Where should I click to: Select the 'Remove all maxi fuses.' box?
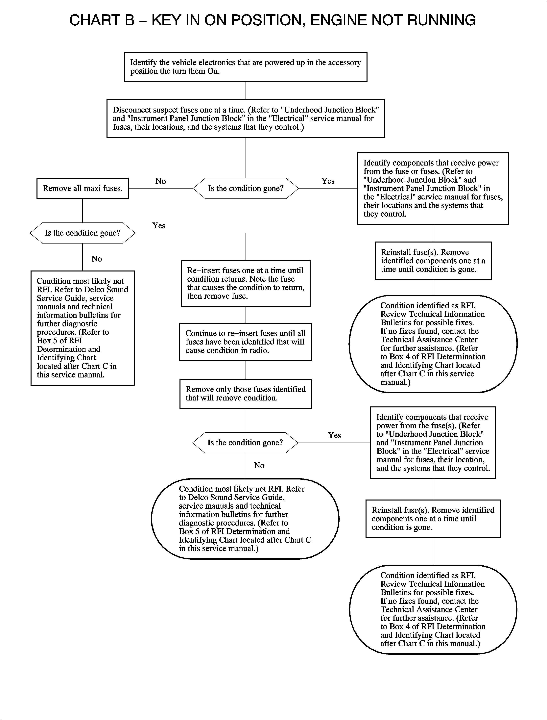pos(82,188)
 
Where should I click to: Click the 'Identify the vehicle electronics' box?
pos(246,67)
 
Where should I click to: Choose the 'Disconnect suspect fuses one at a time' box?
pos(246,119)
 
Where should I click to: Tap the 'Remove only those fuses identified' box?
pos(246,394)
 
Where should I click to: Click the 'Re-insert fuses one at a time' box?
pos(246,283)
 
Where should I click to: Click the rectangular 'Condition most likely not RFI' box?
pos(82,328)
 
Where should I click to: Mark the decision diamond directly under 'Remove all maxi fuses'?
pos(82,233)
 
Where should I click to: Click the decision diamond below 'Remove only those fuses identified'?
pos(245,443)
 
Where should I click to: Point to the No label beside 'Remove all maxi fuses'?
pos(160,181)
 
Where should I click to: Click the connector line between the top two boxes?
pos(246,90)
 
